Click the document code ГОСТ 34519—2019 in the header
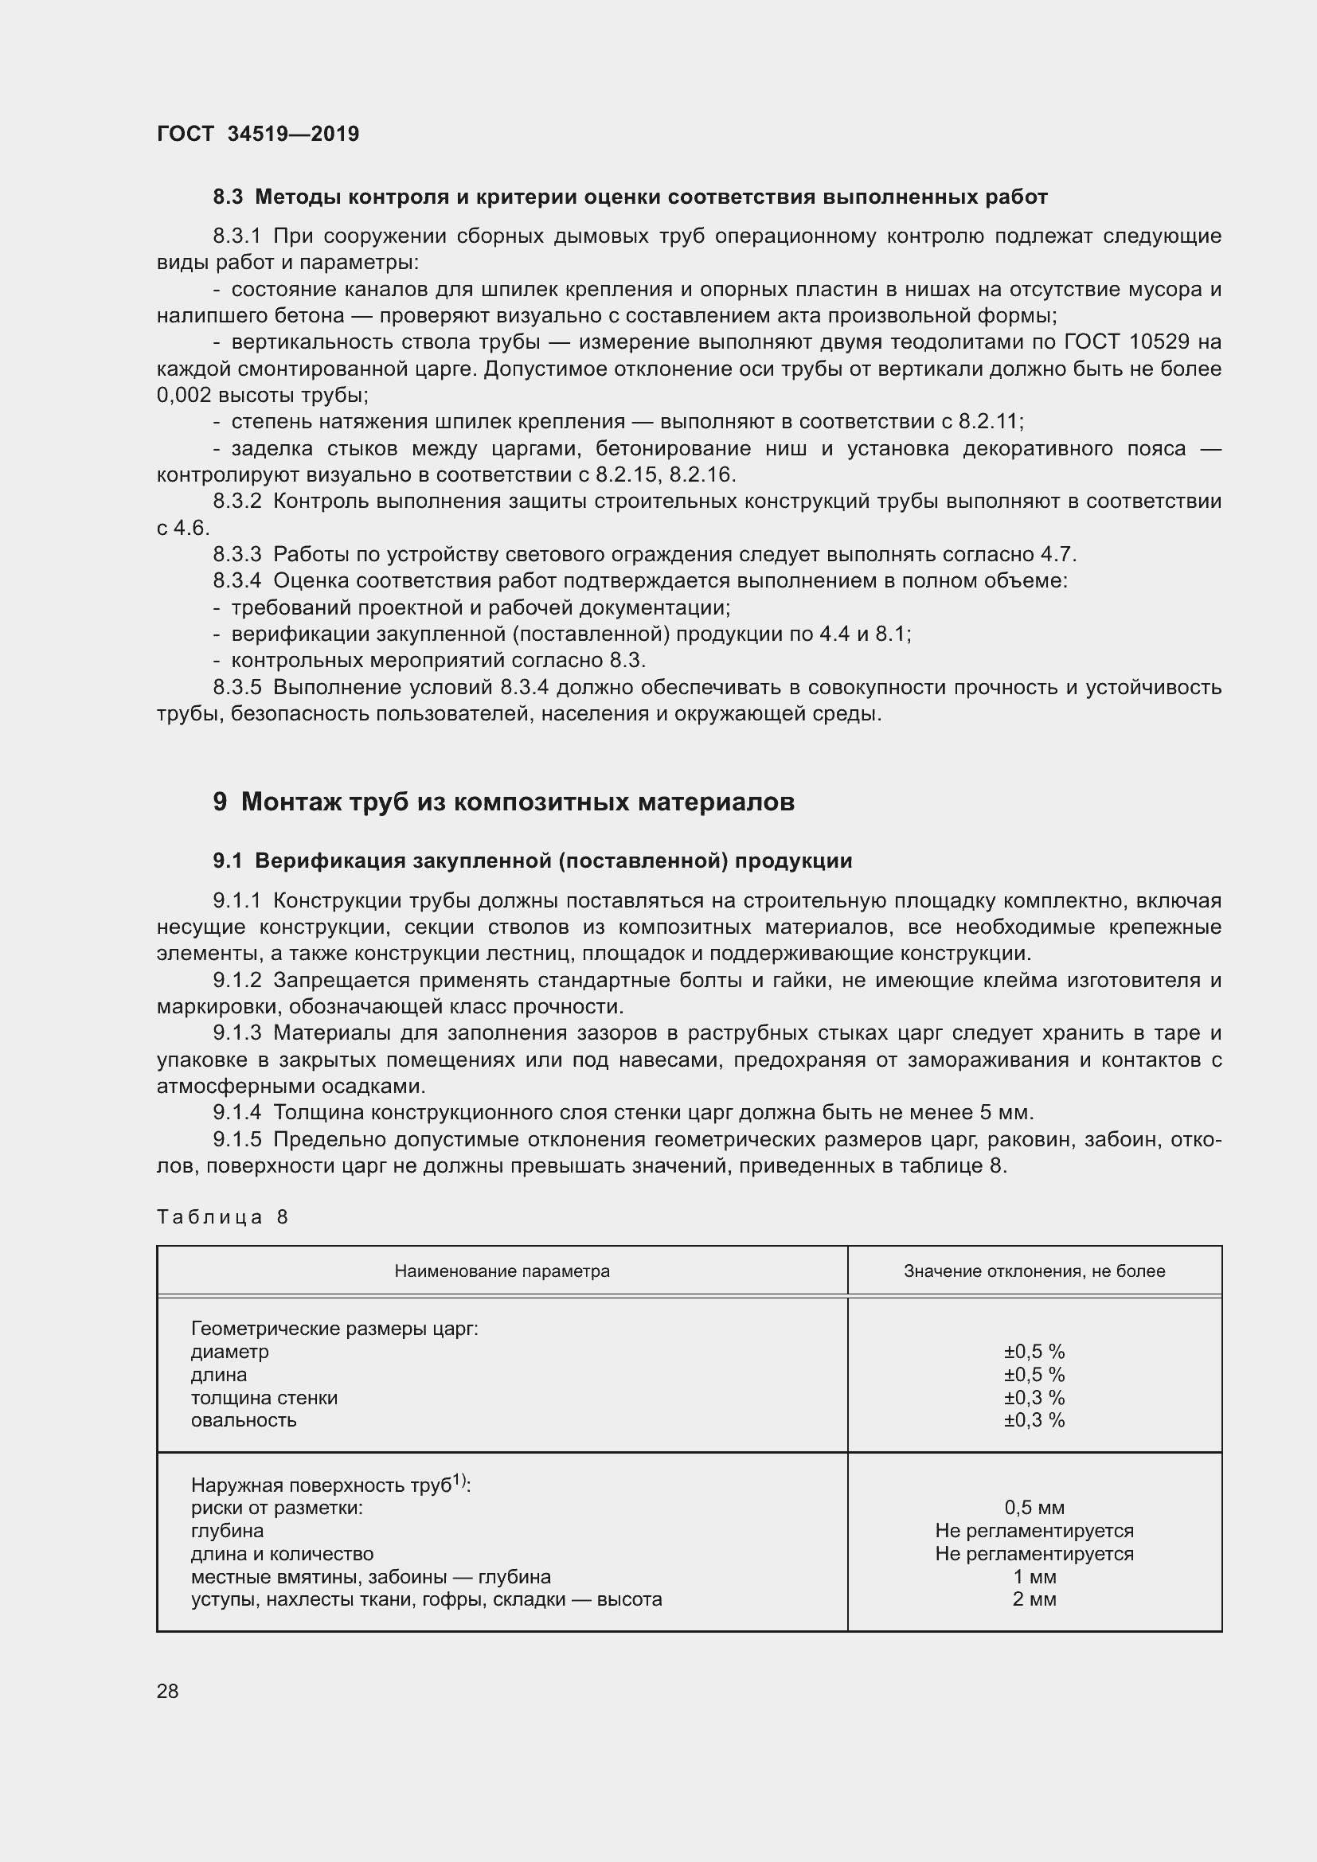coord(258,135)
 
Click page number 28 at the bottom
coord(168,1691)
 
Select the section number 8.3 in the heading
coord(227,197)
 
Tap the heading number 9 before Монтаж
coord(220,802)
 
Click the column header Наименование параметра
coord(502,1271)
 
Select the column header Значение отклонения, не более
coord(1034,1271)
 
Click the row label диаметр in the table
coord(229,1352)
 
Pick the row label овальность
coord(244,1420)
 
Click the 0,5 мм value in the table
coord(1034,1508)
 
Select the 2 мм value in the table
coord(1034,1599)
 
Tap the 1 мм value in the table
coord(1034,1576)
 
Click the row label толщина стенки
coord(264,1397)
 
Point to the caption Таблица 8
coord(222,1217)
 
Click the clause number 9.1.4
coord(236,1113)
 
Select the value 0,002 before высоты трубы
coord(183,396)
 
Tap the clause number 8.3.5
coord(236,688)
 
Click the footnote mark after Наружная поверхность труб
coord(459,1480)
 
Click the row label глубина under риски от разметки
coord(227,1531)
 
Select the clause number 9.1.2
coord(236,981)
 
